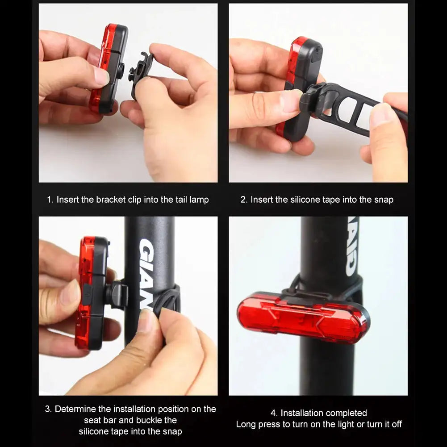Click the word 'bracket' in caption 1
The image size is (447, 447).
pyautogui.click(x=111, y=200)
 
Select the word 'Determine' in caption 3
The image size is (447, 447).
pyautogui.click(x=75, y=409)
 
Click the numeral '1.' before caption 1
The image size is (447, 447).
pyautogui.click(x=50, y=200)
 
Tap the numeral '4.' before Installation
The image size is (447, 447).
pyautogui.click(x=274, y=413)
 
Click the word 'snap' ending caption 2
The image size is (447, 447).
pyautogui.click(x=383, y=200)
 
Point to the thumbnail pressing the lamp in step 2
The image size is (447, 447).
pyautogui.click(x=290, y=100)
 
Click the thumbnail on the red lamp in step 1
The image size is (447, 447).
pyautogui.click(x=102, y=77)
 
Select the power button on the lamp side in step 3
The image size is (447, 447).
pyautogui.click(x=88, y=292)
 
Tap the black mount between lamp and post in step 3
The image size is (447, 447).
pyautogui.click(x=117, y=295)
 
